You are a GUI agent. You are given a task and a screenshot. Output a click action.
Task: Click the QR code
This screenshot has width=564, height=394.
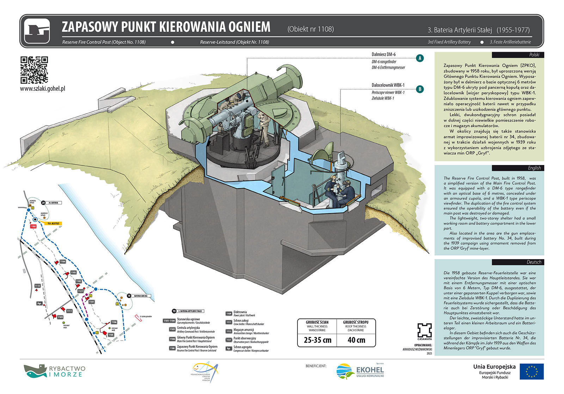pyautogui.click(x=34, y=70)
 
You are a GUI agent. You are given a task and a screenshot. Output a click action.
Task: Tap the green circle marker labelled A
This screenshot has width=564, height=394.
pyautogui.click(x=419, y=58)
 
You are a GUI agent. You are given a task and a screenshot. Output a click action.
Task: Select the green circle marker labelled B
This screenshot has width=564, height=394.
pyautogui.click(x=419, y=89)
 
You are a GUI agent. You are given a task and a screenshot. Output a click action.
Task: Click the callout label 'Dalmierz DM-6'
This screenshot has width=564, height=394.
pyautogui.click(x=384, y=55)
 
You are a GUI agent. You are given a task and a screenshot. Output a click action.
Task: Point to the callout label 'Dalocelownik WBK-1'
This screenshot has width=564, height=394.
pyautogui.click(x=388, y=85)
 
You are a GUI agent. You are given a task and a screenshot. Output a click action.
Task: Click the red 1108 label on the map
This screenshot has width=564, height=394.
pyautogui.click(x=33, y=226)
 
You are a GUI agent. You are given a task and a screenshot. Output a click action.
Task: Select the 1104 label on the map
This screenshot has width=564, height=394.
pyautogui.click(x=63, y=261)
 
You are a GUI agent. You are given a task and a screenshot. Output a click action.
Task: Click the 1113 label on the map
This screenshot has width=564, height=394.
pyautogui.click(x=37, y=286)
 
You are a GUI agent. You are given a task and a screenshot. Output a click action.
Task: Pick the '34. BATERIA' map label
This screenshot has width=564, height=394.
pyautogui.click(x=54, y=203)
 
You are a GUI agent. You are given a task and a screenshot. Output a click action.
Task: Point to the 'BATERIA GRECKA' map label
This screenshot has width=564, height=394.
pyautogui.click(x=140, y=296)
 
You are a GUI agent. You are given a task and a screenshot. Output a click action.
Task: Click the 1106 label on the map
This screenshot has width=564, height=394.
pyautogui.click(x=114, y=322)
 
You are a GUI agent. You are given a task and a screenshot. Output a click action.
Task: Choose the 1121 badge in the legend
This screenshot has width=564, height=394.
pyautogui.click(x=228, y=340)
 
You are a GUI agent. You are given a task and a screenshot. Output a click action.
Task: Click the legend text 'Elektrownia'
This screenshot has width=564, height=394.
pyautogui.click(x=240, y=312)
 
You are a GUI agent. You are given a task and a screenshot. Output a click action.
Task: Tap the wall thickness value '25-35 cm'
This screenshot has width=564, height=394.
pyautogui.click(x=317, y=340)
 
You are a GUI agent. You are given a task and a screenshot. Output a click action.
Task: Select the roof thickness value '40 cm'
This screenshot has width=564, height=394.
pyautogui.click(x=356, y=340)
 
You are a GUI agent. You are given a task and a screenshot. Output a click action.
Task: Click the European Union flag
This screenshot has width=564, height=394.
pyautogui.click(x=532, y=371)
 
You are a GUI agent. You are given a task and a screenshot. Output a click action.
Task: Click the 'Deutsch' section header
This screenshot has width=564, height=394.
pyautogui.click(x=534, y=262)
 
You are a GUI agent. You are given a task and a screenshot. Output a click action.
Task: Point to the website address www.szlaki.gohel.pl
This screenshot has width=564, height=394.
pyautogui.click(x=43, y=89)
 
